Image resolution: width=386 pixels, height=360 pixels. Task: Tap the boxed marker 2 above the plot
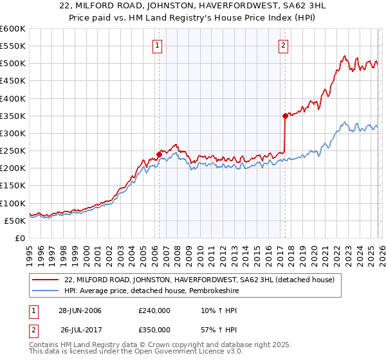[x=284, y=45]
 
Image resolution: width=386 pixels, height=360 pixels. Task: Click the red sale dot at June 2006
[x=159, y=154]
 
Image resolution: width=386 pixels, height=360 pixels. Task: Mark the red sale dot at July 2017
[x=284, y=116]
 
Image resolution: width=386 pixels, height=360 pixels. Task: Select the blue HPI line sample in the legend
[x=46, y=291]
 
